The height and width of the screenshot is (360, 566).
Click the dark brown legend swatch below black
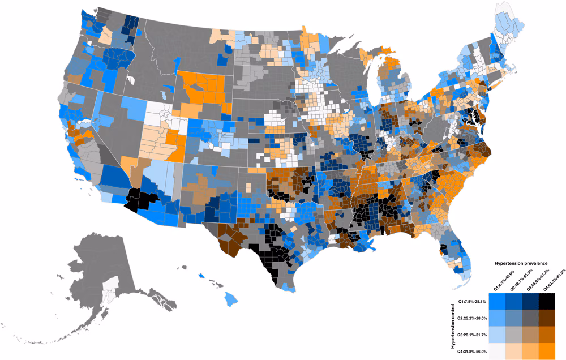(546, 318)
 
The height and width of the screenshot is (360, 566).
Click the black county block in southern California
(139, 200)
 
